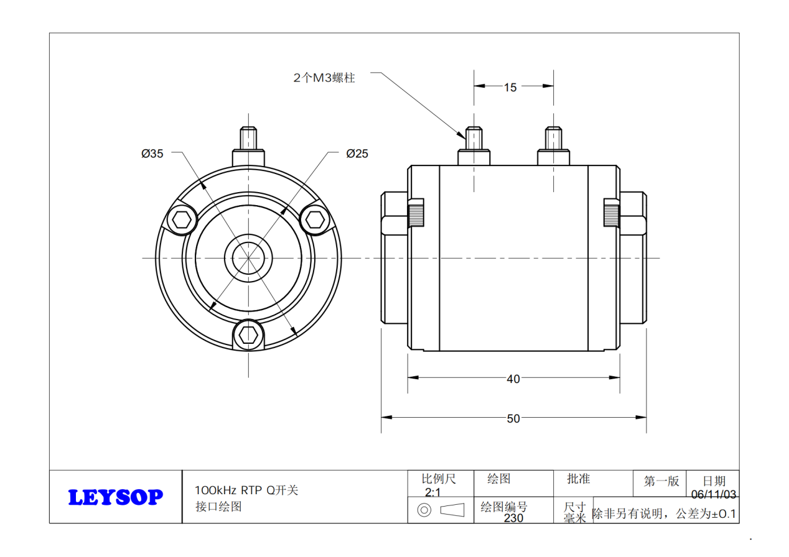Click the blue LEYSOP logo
click(x=115, y=497)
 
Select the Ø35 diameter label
click(x=152, y=154)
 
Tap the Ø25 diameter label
click(x=357, y=154)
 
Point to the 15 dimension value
click(x=510, y=88)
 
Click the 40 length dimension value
click(x=513, y=379)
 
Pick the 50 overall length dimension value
click(x=513, y=419)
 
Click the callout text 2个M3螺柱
click(x=324, y=78)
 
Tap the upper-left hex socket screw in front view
click(x=182, y=219)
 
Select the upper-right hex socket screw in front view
click(x=315, y=219)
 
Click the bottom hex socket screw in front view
click(x=248, y=335)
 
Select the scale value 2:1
click(x=432, y=492)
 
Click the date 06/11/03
click(x=714, y=495)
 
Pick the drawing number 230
click(x=513, y=518)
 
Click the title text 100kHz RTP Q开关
click(x=246, y=490)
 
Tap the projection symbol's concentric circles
click(x=424, y=510)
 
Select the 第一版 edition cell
click(x=661, y=481)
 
